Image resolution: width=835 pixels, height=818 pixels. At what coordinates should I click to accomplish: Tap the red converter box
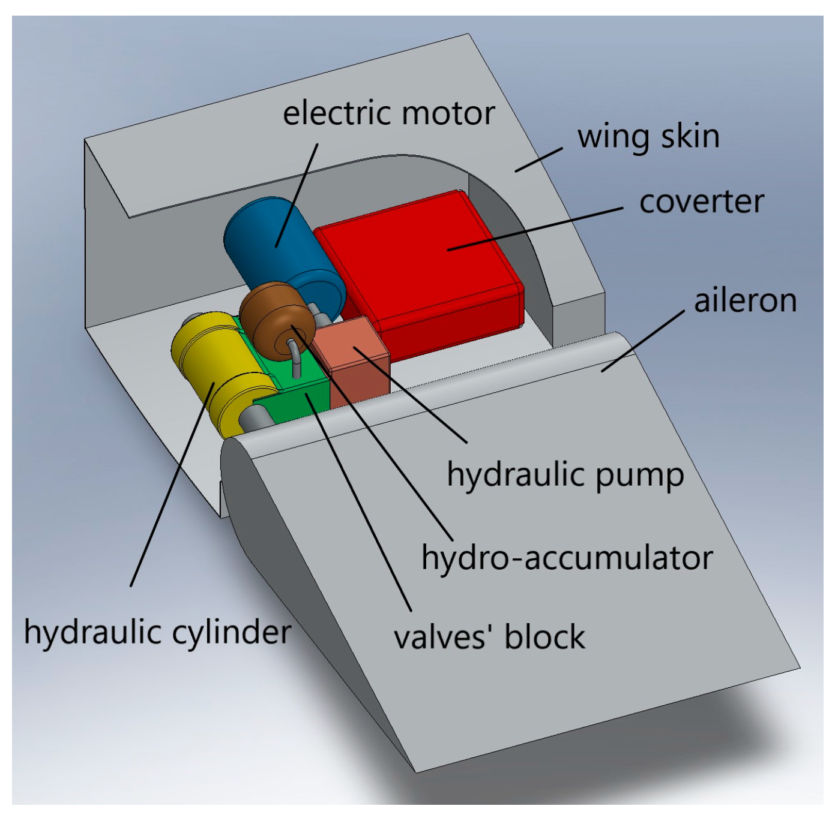pos(420,270)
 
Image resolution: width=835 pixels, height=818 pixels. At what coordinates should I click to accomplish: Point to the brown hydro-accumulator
pos(270,318)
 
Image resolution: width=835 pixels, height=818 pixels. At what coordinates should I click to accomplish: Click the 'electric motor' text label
pos(388,113)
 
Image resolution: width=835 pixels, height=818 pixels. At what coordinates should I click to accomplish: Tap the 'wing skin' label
pos(648,137)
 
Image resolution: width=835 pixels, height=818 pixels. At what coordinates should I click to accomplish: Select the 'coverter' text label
pos(701,202)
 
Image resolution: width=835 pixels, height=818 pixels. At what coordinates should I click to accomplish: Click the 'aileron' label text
pos(745,300)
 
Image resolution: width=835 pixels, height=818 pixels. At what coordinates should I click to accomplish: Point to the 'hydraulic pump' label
pos(565,476)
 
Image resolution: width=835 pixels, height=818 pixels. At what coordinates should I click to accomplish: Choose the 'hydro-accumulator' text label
pos(567,558)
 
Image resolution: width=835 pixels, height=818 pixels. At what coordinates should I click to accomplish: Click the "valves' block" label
pos(489,637)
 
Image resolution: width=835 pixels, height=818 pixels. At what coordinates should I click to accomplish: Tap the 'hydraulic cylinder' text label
pos(157,632)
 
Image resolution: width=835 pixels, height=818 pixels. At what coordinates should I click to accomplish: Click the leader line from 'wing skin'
pos(538,160)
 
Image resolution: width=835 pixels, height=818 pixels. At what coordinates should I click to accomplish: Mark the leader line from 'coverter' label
pos(534,229)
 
